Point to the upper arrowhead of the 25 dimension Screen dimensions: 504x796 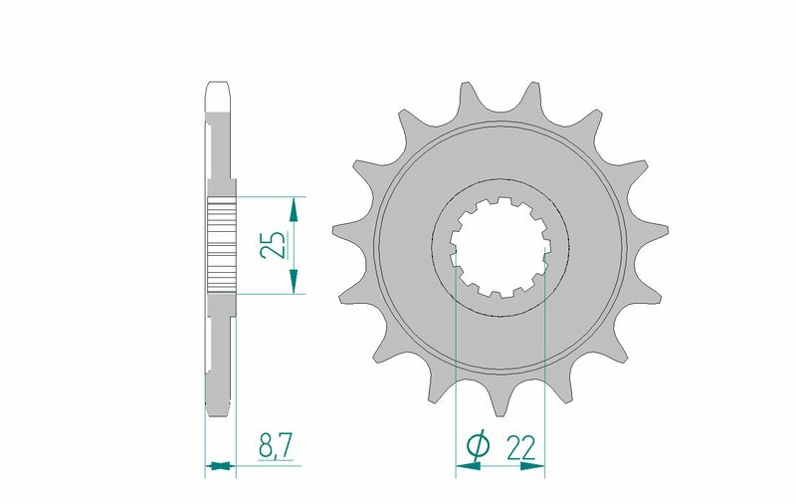click(293, 207)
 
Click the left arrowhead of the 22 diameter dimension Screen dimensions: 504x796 click(463, 464)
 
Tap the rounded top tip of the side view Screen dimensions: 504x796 click(220, 86)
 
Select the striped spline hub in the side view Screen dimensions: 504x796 click(220, 245)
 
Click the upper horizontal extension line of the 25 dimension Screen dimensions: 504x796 click(269, 196)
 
